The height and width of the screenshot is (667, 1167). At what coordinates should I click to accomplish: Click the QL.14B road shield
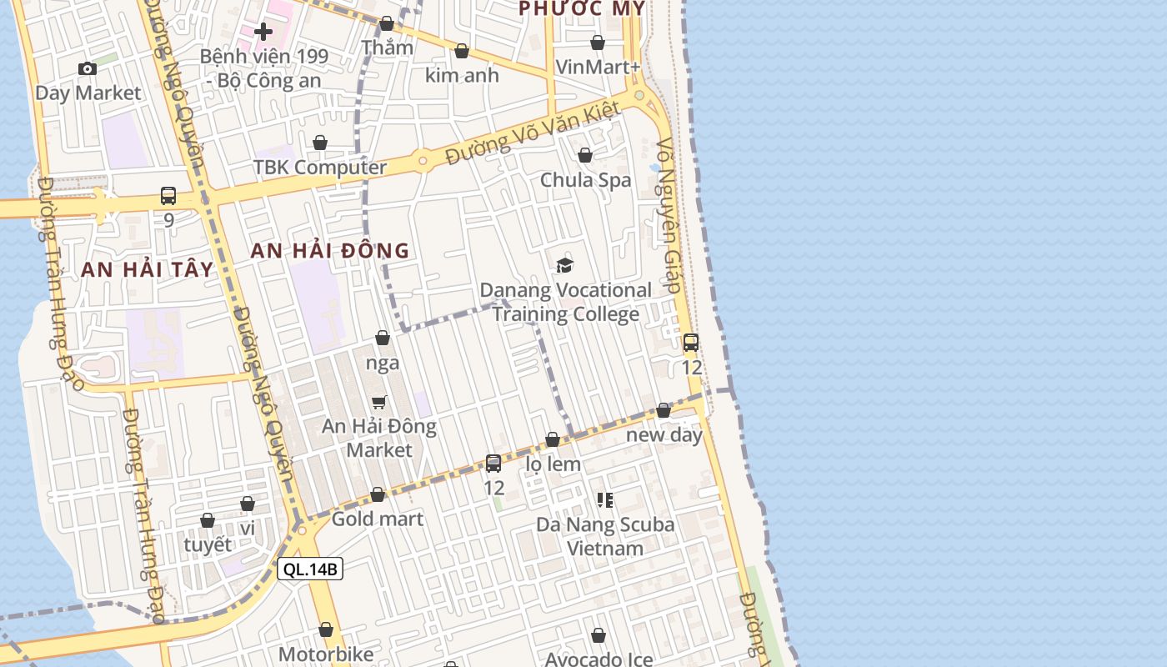[310, 569]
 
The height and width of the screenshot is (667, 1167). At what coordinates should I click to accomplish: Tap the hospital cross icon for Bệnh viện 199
[263, 32]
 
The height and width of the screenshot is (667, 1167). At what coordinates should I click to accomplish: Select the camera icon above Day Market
[88, 68]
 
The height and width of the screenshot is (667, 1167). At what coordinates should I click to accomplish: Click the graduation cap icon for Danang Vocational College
[565, 265]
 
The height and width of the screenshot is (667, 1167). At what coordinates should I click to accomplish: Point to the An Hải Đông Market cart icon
[379, 402]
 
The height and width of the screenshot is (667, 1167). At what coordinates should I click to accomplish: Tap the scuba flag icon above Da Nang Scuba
[605, 500]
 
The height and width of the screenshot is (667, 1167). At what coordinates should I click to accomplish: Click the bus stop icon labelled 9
[168, 196]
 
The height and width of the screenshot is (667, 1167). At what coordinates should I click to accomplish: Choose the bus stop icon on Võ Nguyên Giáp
[691, 342]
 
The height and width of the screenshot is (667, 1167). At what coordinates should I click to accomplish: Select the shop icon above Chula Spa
[585, 155]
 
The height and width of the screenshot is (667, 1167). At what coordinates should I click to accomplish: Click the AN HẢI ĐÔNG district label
[330, 250]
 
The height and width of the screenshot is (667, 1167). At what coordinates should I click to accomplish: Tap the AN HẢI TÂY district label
[148, 269]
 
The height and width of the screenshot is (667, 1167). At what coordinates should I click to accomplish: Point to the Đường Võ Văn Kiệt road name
[533, 133]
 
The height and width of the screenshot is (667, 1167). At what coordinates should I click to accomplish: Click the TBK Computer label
[320, 167]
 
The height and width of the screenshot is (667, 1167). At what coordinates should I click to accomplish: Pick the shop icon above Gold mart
[378, 494]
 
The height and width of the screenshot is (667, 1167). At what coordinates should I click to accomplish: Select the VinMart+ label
[598, 67]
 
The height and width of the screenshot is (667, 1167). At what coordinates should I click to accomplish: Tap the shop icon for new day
[664, 410]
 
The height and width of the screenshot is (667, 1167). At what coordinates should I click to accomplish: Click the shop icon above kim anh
[462, 51]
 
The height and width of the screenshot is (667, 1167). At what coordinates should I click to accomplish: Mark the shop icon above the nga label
[383, 338]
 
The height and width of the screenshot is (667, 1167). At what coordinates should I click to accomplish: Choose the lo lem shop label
[553, 464]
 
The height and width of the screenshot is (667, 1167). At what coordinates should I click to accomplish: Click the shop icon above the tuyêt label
[208, 520]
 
